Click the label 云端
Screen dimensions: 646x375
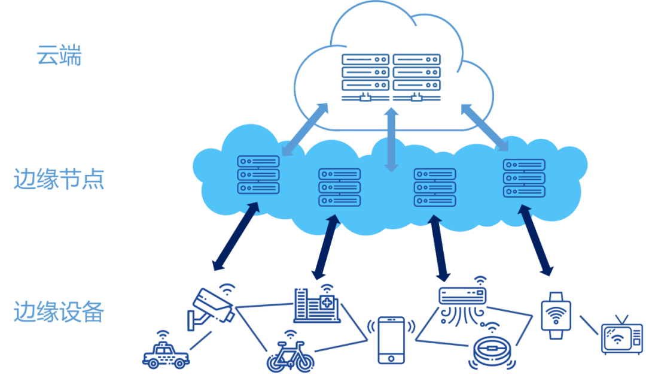[x=58, y=55]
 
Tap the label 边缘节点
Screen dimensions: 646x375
[x=59, y=179]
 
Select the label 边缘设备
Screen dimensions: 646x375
[x=59, y=312]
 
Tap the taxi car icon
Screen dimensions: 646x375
[x=166, y=353]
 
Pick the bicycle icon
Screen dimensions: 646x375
[x=290, y=357]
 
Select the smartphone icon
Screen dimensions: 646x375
[x=391, y=340]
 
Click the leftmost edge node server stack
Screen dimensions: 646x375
[x=258, y=174]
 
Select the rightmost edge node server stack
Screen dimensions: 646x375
[x=524, y=178]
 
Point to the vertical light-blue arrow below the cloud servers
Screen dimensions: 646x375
[x=391, y=139]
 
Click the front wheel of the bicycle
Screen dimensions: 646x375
[x=304, y=363]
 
